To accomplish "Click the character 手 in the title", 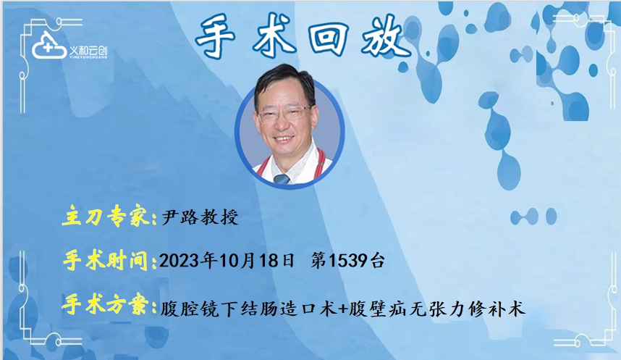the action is tap(216, 36).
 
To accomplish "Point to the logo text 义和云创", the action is tap(88, 51).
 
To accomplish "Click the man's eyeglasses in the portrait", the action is tap(284, 113).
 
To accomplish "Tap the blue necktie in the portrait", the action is tap(282, 179).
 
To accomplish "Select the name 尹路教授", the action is tap(200, 217).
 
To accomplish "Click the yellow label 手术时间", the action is tap(106, 261).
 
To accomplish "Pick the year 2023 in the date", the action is tap(179, 261).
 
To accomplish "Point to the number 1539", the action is tap(347, 261).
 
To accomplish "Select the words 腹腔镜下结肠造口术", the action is tap(249, 308).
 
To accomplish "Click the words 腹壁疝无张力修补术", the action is tap(437, 308).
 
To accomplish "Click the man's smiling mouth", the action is tap(284, 139).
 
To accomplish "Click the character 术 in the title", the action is tap(274, 36).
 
